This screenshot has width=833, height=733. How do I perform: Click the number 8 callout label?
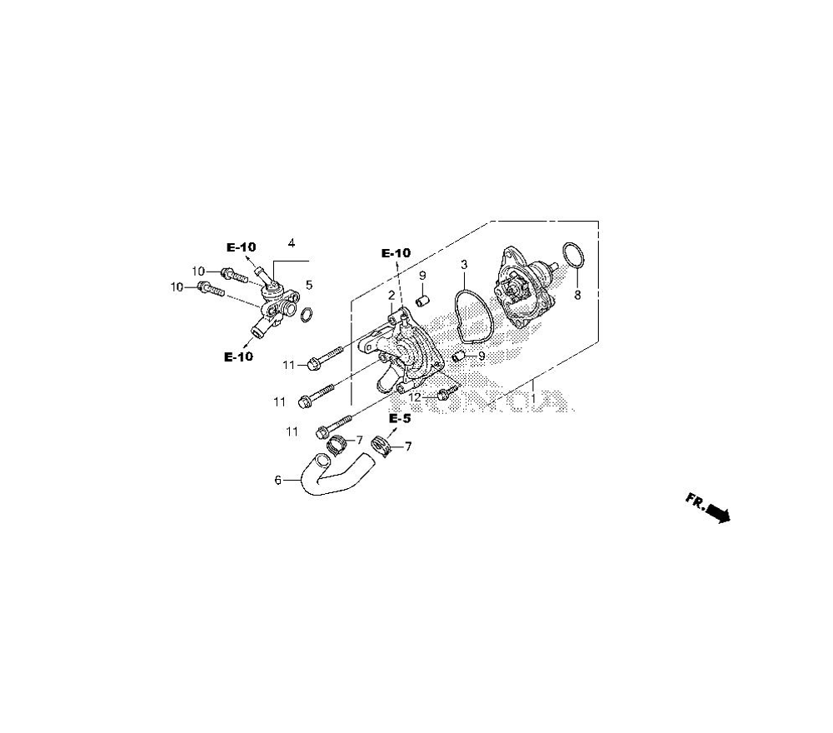point(576,295)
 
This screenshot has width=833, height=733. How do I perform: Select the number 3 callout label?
point(464,264)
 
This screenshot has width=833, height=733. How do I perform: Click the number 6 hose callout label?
point(277,480)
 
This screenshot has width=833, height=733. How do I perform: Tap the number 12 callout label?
point(415,397)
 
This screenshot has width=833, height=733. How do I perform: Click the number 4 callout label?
point(292,243)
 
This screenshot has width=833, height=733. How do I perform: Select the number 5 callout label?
point(309,285)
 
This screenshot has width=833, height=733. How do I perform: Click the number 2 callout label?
point(390,296)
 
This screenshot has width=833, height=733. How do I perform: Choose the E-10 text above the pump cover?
point(397,252)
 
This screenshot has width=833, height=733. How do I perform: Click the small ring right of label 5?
point(306,314)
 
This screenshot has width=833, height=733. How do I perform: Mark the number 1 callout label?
point(531,399)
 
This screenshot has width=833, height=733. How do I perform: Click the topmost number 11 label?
point(288,365)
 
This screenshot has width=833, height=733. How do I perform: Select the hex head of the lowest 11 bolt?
point(322,432)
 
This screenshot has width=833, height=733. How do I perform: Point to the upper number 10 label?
point(199,272)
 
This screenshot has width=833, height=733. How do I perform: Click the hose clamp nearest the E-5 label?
point(381,446)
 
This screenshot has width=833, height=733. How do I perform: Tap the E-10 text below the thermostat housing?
point(238,357)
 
